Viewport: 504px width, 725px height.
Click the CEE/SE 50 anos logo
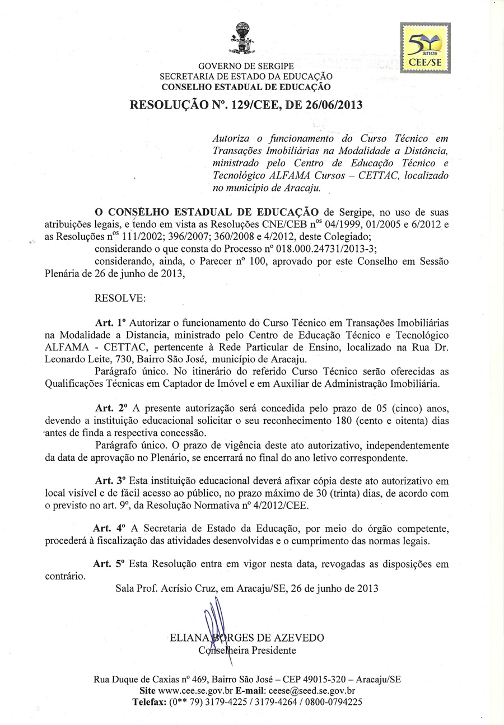(425, 48)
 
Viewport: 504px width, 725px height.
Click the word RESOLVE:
(120, 298)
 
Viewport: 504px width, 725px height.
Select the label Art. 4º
(107, 528)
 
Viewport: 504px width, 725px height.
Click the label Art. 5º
(109, 564)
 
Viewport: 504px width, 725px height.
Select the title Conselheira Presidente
(247, 651)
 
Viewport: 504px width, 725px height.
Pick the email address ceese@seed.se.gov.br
(312, 691)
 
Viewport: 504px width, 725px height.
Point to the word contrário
(66, 576)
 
